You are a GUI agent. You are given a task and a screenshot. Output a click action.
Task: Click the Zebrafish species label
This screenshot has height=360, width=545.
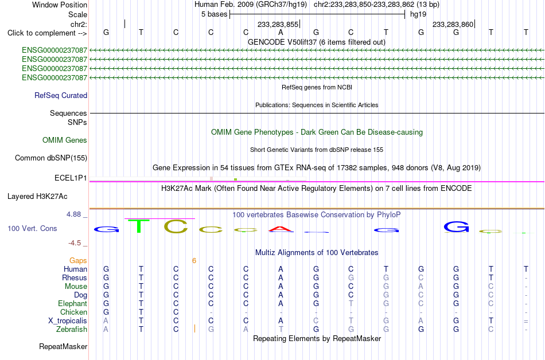click(x=72, y=329)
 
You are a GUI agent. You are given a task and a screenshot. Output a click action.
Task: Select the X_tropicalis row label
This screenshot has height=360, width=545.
click(x=68, y=320)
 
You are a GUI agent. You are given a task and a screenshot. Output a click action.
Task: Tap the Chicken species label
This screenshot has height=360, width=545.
click(x=73, y=312)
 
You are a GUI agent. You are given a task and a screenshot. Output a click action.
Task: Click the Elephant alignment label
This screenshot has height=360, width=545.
click(x=72, y=303)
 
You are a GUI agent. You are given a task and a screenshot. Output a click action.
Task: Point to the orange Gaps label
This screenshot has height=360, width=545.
click(x=78, y=260)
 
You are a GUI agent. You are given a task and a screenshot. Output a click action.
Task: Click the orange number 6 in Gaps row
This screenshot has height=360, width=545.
click(x=194, y=260)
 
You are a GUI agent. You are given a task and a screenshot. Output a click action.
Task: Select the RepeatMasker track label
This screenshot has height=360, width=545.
click(x=63, y=346)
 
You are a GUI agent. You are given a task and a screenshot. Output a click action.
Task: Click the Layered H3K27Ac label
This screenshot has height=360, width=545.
click(x=37, y=197)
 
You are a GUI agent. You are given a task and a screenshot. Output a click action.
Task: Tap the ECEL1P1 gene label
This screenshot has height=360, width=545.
click(x=71, y=178)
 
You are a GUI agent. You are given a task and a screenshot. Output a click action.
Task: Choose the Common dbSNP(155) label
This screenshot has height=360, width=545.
click(x=50, y=158)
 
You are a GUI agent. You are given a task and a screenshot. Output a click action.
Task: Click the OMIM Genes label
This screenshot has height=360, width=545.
click(x=65, y=140)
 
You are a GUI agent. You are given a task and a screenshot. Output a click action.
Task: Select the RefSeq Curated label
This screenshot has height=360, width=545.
click(x=61, y=96)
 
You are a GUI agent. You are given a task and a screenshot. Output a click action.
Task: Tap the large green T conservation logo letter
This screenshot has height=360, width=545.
click(x=139, y=226)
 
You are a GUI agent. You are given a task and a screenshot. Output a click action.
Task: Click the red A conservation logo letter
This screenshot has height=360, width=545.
click(x=281, y=229)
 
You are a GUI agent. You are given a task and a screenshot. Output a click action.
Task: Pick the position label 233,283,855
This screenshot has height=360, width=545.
click(x=278, y=24)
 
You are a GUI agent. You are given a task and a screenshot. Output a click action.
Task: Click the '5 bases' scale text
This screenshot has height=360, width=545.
click(x=214, y=14)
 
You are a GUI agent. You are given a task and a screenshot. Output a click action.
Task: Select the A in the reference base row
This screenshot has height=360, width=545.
click(x=281, y=32)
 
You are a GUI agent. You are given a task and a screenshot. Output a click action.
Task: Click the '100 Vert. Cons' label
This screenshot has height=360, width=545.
click(x=32, y=228)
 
